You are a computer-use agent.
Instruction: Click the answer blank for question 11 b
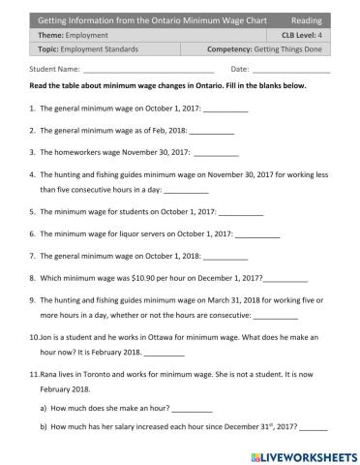coord(314,428)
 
